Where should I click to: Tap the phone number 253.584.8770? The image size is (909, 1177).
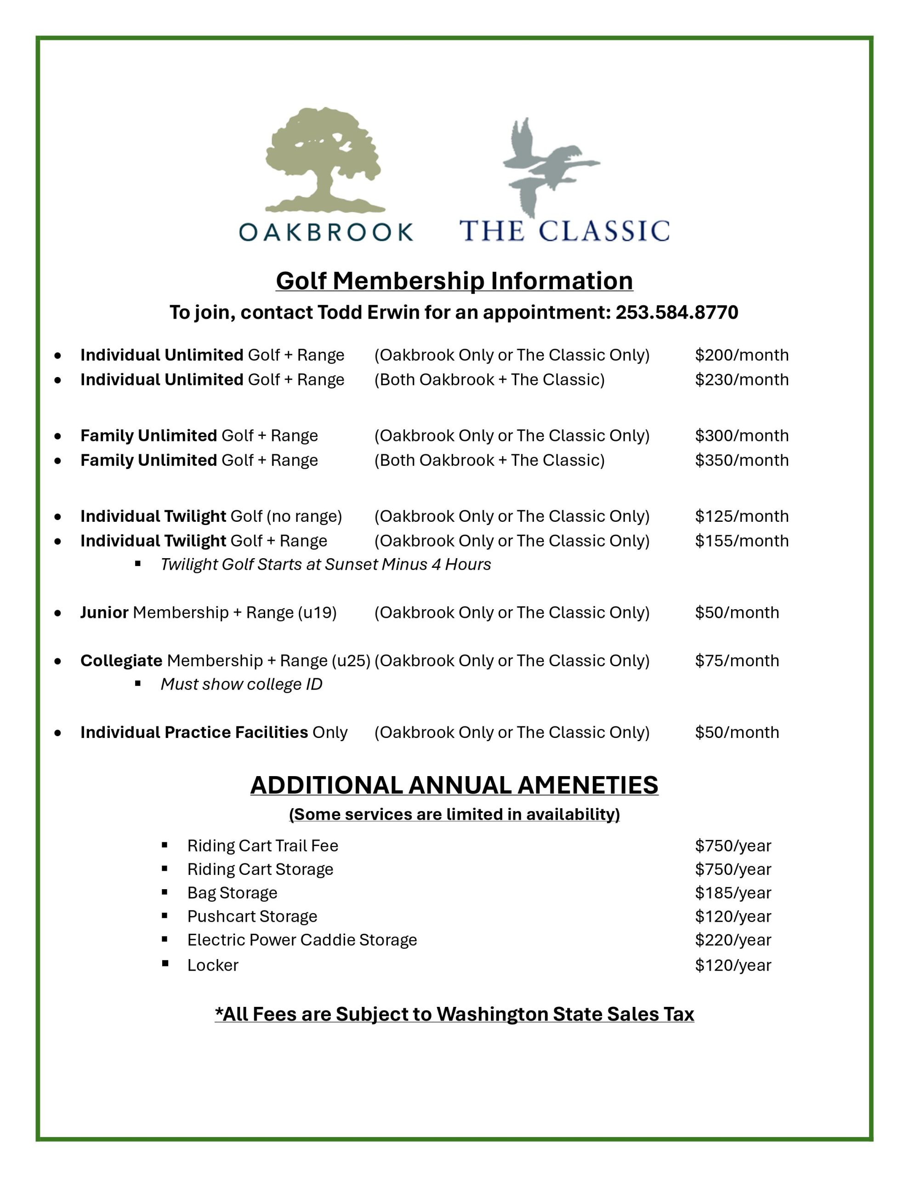677,313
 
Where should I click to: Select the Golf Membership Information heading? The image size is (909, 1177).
454,281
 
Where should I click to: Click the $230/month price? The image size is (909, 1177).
741,380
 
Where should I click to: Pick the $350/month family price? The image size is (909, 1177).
741,460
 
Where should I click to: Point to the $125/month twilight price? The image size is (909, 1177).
741,516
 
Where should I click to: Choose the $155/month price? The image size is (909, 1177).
741,541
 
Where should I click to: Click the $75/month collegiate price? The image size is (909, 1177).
737,661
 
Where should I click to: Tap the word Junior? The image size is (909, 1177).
104,613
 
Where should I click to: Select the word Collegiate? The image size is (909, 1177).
121,661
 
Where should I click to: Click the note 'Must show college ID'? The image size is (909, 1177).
241,685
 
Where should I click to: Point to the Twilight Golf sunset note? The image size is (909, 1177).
325,564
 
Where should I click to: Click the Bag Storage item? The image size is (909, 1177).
232,893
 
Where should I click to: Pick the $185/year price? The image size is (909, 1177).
733,893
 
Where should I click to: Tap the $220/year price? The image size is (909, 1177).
733,940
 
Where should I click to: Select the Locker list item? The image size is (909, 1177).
213,965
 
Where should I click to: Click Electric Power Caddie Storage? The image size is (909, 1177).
302,940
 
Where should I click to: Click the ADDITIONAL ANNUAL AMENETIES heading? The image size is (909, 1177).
454,785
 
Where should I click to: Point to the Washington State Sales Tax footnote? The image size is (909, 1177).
454,1014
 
